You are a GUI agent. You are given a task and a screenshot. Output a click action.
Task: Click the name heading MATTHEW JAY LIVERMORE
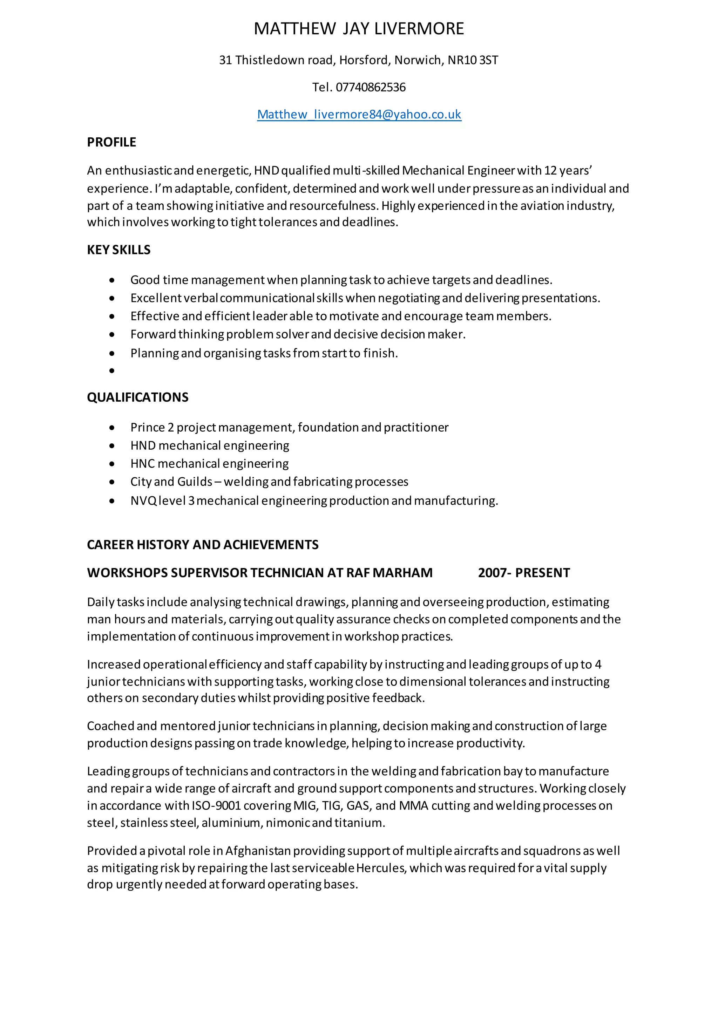click(359, 29)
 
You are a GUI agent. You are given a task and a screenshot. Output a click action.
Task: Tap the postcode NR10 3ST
click(473, 60)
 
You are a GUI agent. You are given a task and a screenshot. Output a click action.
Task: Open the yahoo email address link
click(359, 115)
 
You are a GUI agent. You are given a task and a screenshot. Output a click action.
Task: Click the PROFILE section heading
click(111, 142)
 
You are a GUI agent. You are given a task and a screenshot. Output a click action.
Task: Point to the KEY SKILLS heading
click(118, 250)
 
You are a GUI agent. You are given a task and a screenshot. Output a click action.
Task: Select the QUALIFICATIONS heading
click(137, 397)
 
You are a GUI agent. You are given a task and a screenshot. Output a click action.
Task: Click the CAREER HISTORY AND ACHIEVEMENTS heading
click(203, 545)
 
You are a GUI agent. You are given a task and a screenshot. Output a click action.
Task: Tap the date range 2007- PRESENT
click(524, 573)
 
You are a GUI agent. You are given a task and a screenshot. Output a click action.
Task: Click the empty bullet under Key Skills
click(112, 371)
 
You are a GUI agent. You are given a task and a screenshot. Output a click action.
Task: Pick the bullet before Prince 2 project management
click(112, 428)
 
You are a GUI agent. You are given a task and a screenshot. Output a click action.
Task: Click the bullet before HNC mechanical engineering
click(112, 464)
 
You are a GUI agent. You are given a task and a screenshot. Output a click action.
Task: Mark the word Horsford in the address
click(364, 60)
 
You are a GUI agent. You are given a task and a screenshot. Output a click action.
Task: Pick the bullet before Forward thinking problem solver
click(112, 335)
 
